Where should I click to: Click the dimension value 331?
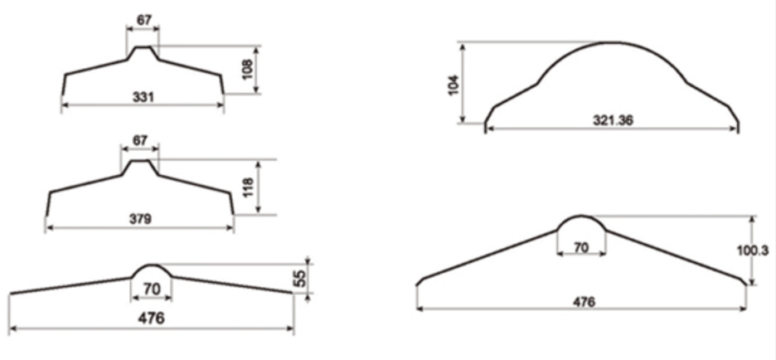[143, 96]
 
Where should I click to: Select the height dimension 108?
[246, 70]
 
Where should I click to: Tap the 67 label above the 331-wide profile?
[143, 19]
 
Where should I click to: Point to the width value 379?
[140, 219]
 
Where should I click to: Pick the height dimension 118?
[246, 187]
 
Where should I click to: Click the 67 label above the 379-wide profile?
[140, 141]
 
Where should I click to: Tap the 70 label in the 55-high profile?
[152, 289]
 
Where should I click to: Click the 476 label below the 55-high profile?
[151, 318]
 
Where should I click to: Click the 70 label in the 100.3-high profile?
[581, 246]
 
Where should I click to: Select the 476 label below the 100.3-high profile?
[584, 301]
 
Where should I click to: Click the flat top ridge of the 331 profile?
[143, 47]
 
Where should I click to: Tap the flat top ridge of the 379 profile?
[140, 161]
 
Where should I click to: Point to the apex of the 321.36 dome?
[611, 42]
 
